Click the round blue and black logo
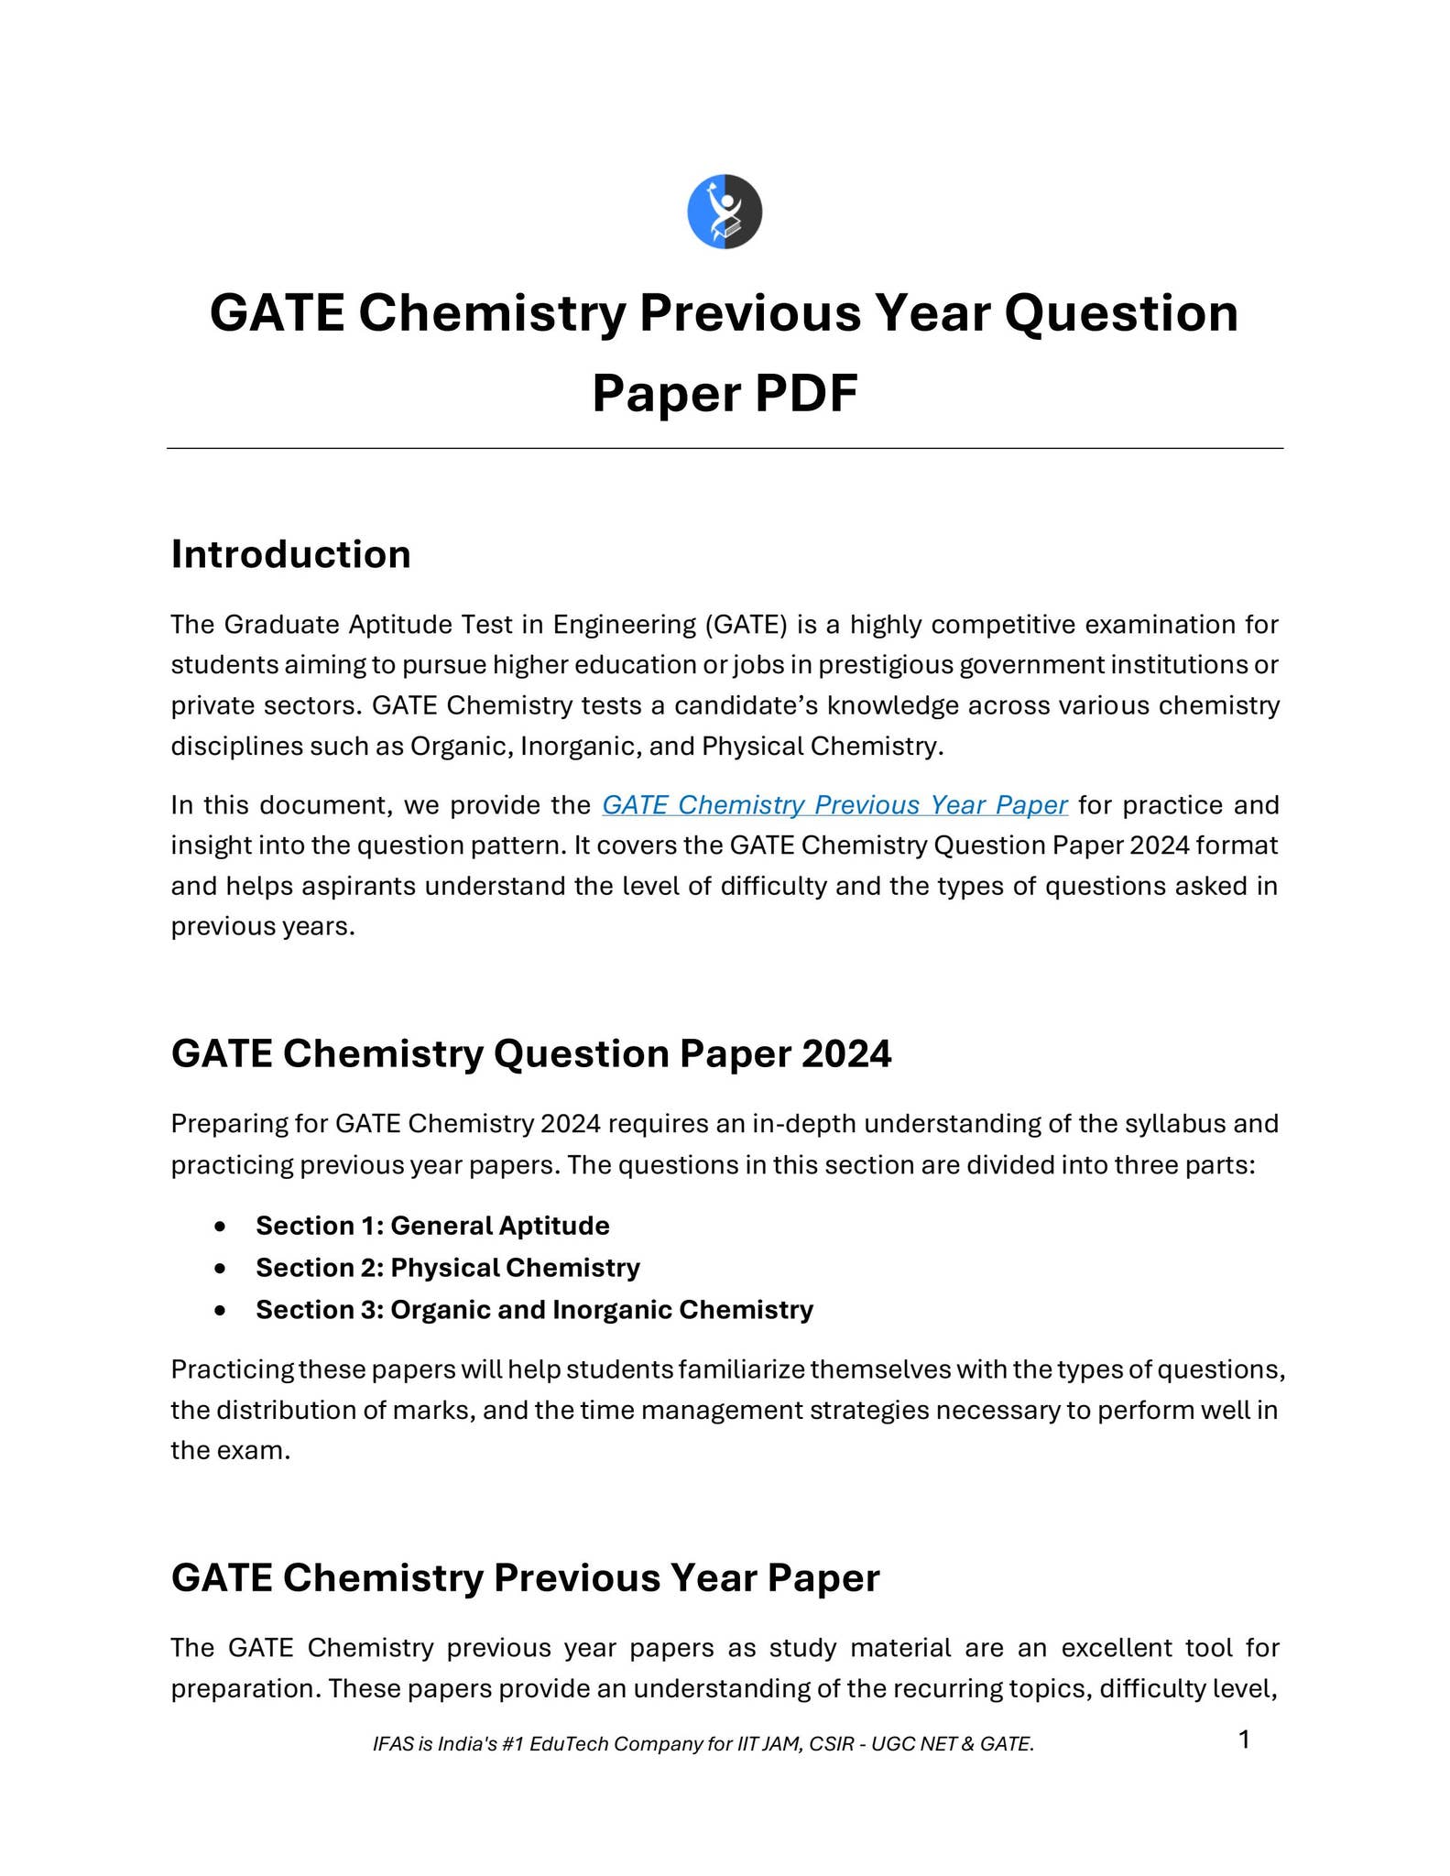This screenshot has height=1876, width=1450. (x=725, y=212)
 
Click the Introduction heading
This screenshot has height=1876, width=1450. (x=290, y=555)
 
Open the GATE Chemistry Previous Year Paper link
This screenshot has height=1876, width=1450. (x=834, y=805)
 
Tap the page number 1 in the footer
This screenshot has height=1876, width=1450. (x=1244, y=1740)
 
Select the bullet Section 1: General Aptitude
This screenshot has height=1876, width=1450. (x=432, y=1226)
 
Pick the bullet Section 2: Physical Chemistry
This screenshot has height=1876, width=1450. (x=447, y=1268)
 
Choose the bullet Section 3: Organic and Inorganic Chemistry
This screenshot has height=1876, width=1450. (x=534, y=1310)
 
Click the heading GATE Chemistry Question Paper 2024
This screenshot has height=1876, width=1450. (x=531, y=1054)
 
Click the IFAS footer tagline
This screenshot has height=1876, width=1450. (x=703, y=1744)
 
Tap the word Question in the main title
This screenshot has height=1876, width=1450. (x=1121, y=313)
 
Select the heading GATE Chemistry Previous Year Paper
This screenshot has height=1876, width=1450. (x=525, y=1578)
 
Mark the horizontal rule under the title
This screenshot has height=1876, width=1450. (x=725, y=449)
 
